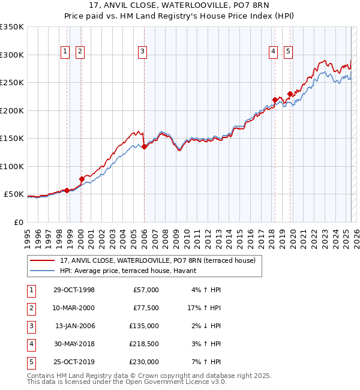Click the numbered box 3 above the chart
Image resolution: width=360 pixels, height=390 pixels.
coord(143,52)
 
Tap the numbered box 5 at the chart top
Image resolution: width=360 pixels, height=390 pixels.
coord(288,52)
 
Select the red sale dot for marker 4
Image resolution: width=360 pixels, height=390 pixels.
coord(275,100)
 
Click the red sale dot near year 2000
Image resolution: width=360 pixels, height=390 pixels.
coord(82,179)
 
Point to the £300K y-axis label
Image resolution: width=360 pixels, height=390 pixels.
coord(12,55)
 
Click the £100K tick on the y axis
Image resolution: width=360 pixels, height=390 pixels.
coord(12,166)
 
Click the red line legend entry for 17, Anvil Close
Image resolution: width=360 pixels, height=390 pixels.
coord(158,260)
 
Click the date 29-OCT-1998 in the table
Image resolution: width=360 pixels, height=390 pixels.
coord(74,290)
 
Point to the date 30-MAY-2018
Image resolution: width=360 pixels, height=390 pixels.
coord(74,344)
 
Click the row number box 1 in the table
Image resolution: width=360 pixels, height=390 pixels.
coord(30,290)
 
